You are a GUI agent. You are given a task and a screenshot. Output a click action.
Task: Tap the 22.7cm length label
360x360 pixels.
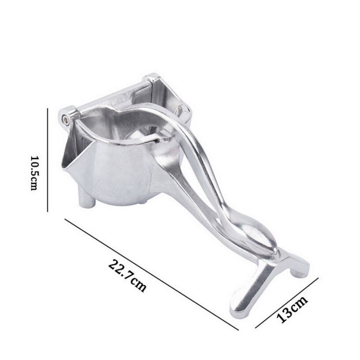click(x=127, y=275)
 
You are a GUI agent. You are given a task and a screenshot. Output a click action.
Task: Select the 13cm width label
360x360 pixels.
click(x=292, y=309)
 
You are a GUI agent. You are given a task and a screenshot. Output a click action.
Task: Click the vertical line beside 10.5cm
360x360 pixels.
click(x=48, y=160)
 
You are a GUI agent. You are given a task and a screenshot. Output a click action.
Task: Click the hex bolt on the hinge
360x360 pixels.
click(x=66, y=119)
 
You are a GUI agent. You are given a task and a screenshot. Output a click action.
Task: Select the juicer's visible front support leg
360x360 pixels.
click(x=87, y=197)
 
